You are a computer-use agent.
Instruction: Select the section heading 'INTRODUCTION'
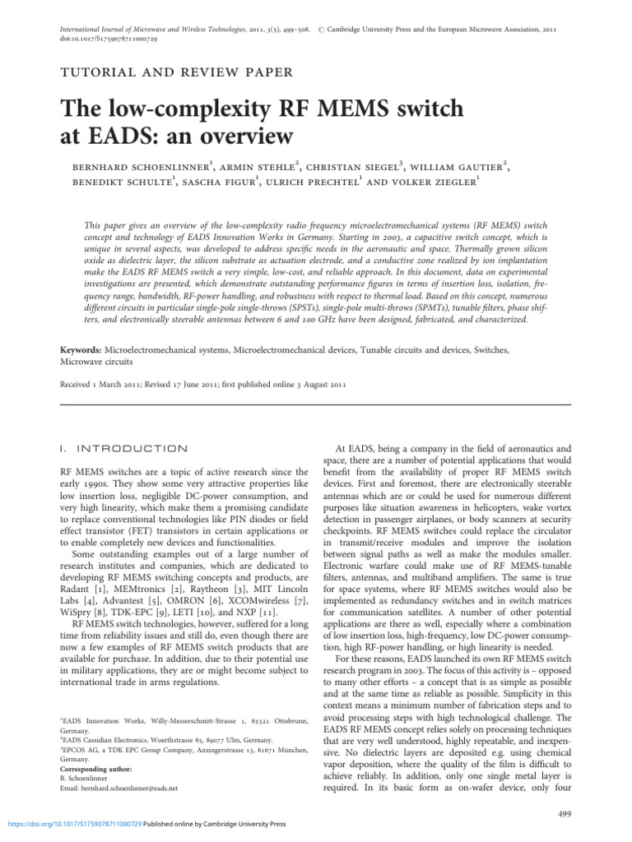pyautogui.click(x=132, y=449)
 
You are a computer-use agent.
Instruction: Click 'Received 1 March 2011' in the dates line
pyautogui.click(x=99, y=384)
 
